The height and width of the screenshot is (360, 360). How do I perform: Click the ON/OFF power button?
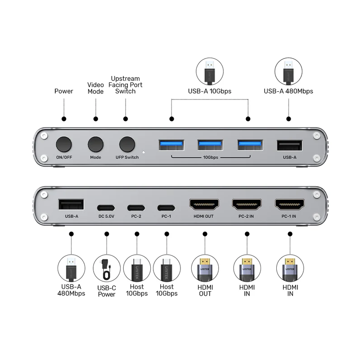pyautogui.click(x=64, y=144)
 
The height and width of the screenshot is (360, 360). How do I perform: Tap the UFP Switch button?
pyautogui.click(x=127, y=144)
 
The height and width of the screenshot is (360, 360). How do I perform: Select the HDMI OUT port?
pyautogui.click(x=205, y=205)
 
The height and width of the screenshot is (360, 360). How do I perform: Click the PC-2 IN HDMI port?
pyautogui.click(x=246, y=205)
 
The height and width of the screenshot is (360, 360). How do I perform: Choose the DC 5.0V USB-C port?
pyautogui.click(x=107, y=208)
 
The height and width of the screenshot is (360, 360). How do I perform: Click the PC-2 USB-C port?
pyautogui.click(x=136, y=208)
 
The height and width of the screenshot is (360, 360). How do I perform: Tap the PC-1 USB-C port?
pyautogui.click(x=166, y=208)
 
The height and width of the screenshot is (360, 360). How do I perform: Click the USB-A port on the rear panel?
pyautogui.click(x=71, y=205)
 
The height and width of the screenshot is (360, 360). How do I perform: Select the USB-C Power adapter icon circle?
pyautogui.click(x=107, y=268)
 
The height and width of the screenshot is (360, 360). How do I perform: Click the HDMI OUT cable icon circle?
pyautogui.click(x=205, y=268)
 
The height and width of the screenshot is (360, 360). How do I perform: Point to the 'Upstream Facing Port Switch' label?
pyautogui.click(x=125, y=85)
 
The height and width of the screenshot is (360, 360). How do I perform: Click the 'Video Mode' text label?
pyautogui.click(x=95, y=88)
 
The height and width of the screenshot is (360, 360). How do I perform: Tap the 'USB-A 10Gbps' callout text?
pyautogui.click(x=209, y=91)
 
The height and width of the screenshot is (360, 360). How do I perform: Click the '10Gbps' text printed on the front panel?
pyautogui.click(x=210, y=158)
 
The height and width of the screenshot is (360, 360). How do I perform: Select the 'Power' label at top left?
pyautogui.click(x=64, y=91)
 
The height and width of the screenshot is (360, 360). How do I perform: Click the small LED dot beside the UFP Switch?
pyautogui.click(x=143, y=152)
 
